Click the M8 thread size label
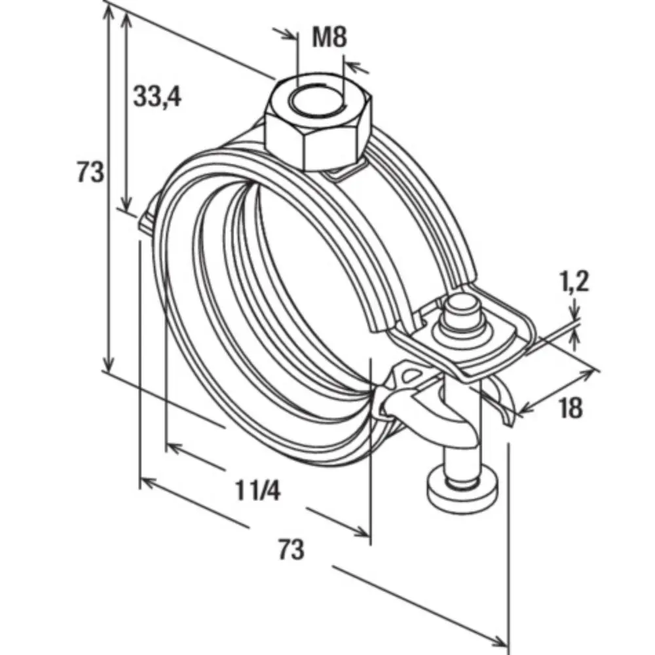point(329,37)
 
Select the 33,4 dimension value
point(157,96)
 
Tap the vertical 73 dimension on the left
point(90,172)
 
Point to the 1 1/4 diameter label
point(257,490)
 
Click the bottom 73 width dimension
point(291,550)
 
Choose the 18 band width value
point(571,407)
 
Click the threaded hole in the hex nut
point(318,102)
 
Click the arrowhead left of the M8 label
point(288,33)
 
